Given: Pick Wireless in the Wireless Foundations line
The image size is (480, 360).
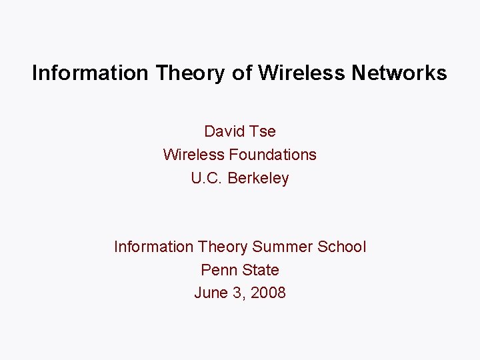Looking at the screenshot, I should (x=193, y=155).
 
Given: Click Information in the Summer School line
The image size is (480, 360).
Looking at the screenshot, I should (x=153, y=247).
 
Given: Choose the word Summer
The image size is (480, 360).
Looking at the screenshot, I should (x=282, y=247).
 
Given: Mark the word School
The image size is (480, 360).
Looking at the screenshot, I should (x=342, y=247).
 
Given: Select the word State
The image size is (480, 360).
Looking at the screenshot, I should (x=261, y=270).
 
